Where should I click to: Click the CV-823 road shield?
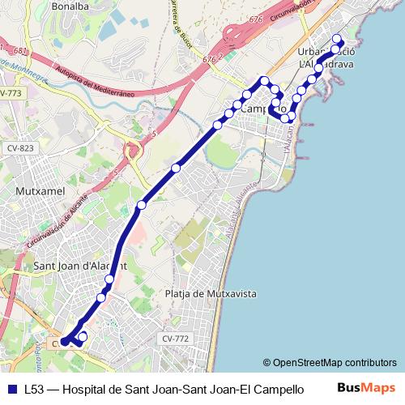pyautogui.click(x=20, y=148)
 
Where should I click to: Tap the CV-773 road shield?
pyautogui.click(x=11, y=94)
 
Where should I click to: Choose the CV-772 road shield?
pyautogui.click(x=175, y=339)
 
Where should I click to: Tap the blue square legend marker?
pyautogui.click(x=13, y=388)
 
